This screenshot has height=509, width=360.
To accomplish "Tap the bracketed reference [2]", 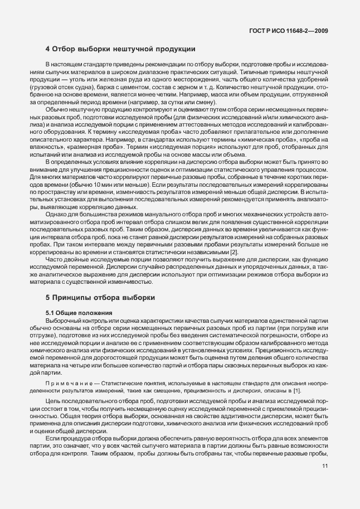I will (218, 253).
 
